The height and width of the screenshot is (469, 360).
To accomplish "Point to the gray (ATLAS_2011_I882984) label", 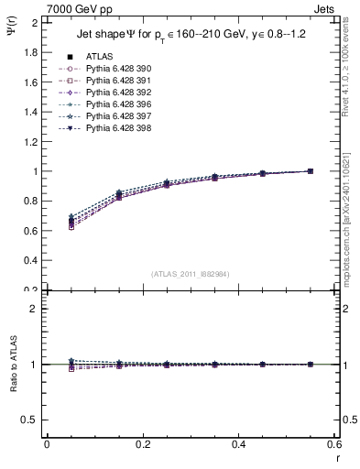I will point(190,274).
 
